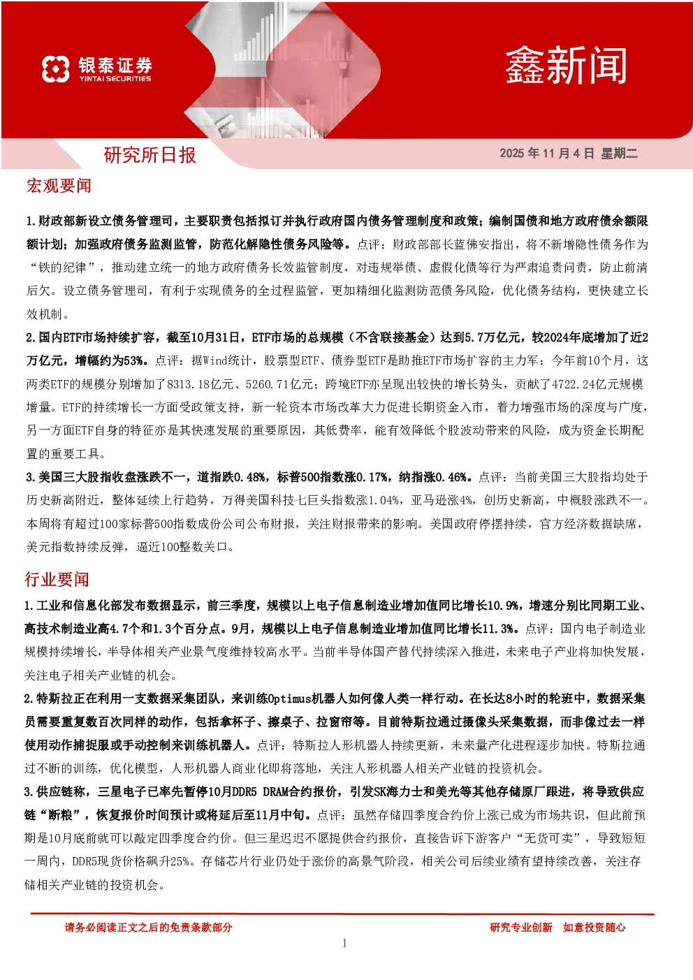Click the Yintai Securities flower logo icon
pos(56,69)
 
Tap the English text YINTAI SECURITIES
pos(115,79)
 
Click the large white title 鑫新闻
pos(566,66)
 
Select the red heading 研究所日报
pos(150,155)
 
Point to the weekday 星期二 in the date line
pos(620,153)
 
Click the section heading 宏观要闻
pos(59,186)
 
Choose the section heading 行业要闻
pos(57,579)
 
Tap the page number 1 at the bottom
pos(344,943)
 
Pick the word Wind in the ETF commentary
pos(214,361)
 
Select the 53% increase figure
pos(133,361)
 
